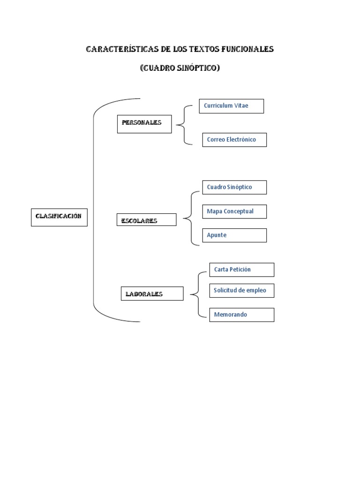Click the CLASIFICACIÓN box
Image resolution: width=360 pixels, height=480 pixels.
59,217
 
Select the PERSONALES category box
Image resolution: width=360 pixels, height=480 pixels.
144,124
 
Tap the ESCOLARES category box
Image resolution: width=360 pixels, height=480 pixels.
146,219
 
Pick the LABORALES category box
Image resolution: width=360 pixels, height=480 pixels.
152,293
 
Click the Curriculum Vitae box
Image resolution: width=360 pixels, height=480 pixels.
232,106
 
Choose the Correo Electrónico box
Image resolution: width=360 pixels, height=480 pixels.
234,140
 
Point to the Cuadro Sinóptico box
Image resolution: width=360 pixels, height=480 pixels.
234,187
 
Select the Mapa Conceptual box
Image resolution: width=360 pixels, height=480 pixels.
234,211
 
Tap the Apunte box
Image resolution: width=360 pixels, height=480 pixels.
234,235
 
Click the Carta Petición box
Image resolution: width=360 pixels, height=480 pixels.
242,270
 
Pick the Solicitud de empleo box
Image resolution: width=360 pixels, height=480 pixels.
242,291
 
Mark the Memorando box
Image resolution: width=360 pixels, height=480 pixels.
242,315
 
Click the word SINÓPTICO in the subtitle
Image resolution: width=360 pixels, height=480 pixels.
198,67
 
